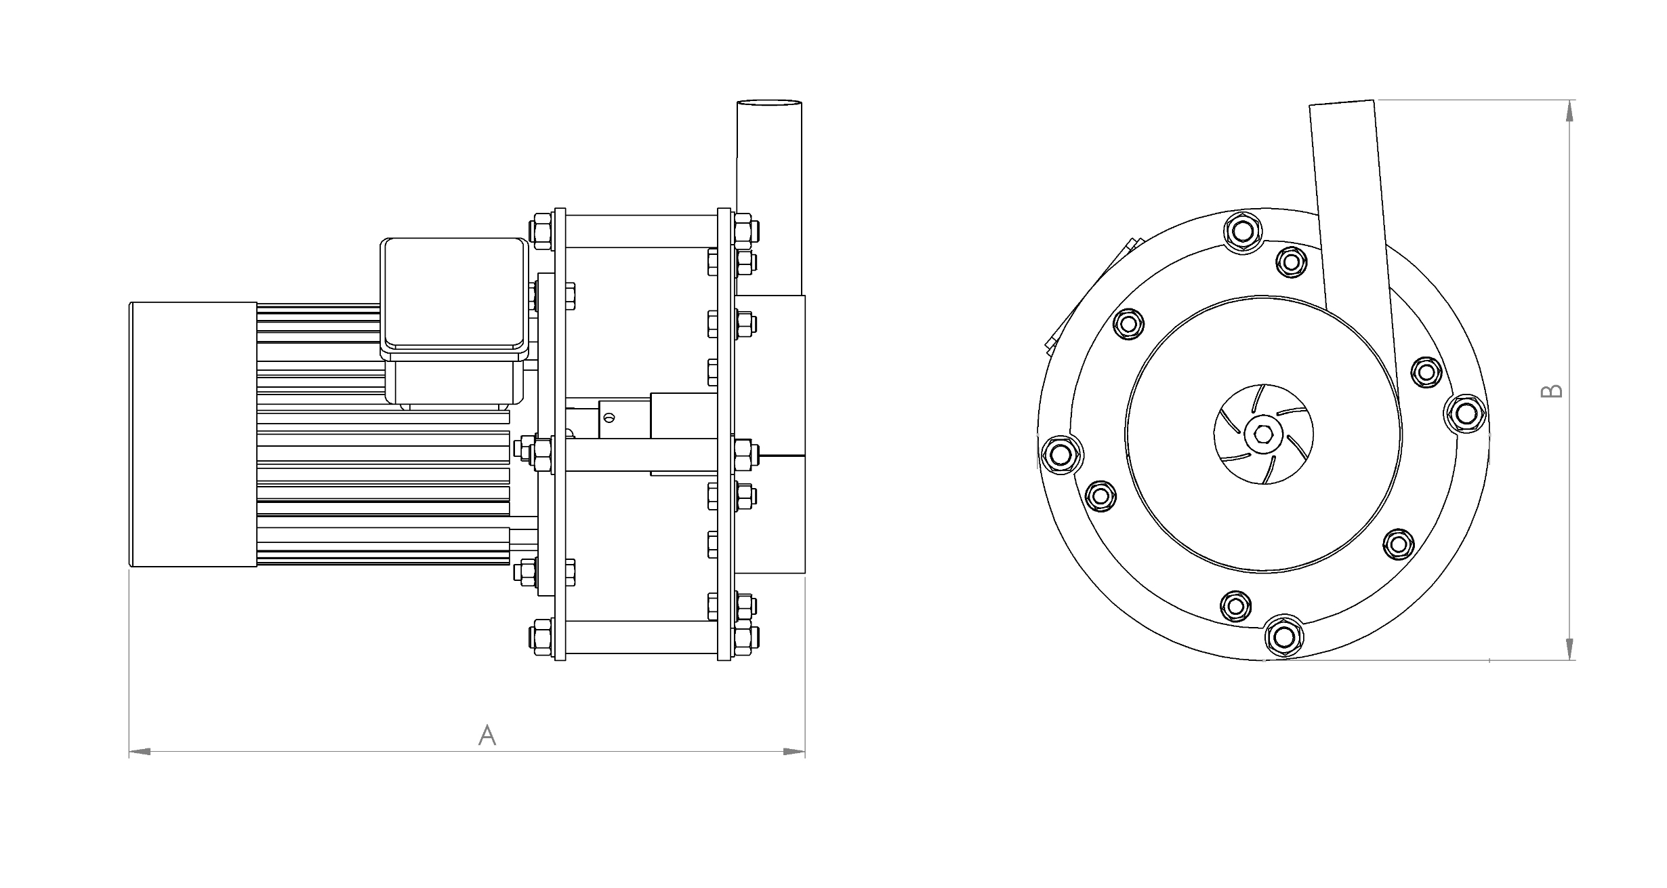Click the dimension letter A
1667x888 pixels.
pos(487,735)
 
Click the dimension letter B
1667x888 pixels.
pos(1552,391)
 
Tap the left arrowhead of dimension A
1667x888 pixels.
pos(139,752)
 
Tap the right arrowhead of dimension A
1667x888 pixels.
pos(794,752)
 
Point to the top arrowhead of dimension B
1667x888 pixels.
pos(1570,111)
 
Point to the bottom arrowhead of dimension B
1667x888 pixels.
pos(1570,648)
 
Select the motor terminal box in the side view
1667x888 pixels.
pos(454,322)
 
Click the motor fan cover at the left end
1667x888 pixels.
pos(193,434)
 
